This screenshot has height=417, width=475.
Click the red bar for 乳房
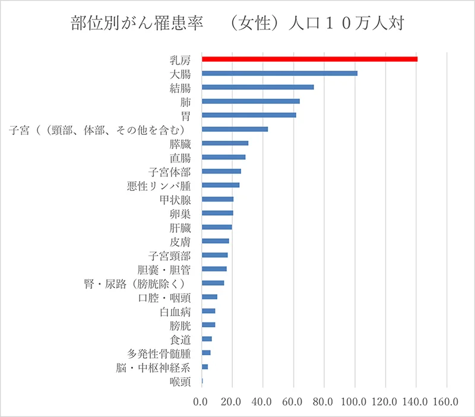pos(309,59)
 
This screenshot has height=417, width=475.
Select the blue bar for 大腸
pos(280,73)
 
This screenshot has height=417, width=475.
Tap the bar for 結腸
pos(258,87)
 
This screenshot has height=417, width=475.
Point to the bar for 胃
pos(249,115)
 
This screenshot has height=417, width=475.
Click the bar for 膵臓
pos(225,143)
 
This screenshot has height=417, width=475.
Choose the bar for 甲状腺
pos(218,199)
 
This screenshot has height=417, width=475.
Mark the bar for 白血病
pos(208,311)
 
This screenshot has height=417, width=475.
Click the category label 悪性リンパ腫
pos(159,185)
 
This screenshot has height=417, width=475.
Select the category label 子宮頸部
pos(170,255)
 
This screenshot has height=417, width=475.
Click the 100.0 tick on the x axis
pos(355,402)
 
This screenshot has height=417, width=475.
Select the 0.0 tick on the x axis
pos(202,402)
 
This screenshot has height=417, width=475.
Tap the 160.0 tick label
pos(447,402)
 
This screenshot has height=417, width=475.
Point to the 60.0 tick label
pos(293,402)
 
